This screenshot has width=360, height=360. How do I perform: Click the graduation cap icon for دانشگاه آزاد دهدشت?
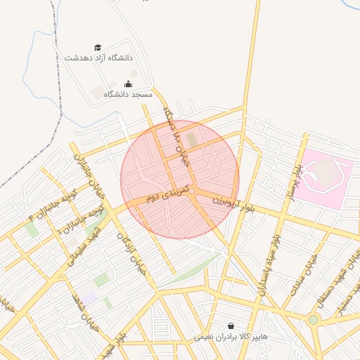(98, 47)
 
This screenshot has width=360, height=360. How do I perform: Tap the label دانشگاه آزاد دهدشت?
(98, 58)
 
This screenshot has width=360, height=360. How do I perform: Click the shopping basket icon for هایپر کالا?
(231, 326)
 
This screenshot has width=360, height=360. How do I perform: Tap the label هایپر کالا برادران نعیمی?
(231, 337)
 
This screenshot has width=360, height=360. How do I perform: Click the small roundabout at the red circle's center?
(191, 190)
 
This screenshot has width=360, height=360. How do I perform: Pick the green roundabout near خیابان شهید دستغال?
(313, 319)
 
